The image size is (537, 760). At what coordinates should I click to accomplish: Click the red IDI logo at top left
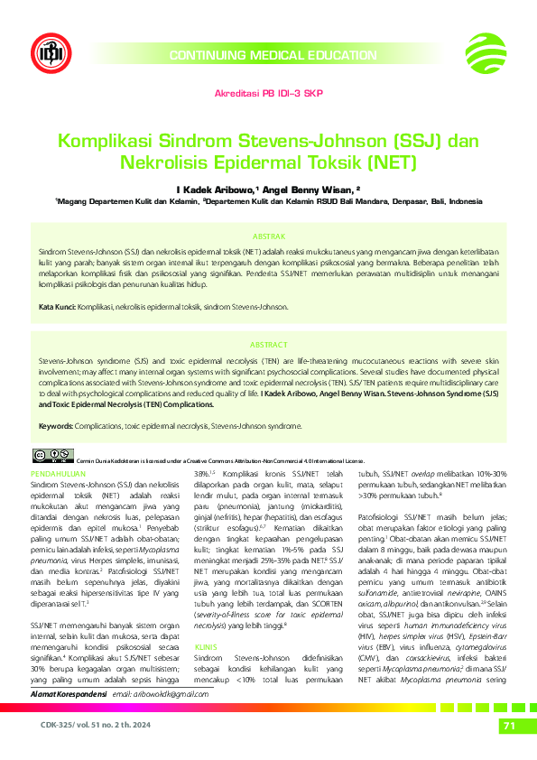[x=48, y=52]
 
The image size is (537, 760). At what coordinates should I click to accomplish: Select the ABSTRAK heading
[x=268, y=234]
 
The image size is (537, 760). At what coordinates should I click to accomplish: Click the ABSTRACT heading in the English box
[x=268, y=345]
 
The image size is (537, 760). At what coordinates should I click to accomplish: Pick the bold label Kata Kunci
[x=57, y=308]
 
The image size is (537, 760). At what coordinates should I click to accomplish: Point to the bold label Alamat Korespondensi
[x=68, y=691]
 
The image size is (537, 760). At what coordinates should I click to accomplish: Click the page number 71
[x=508, y=727]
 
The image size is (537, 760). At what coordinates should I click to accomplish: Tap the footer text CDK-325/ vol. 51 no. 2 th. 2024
[x=82, y=726]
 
